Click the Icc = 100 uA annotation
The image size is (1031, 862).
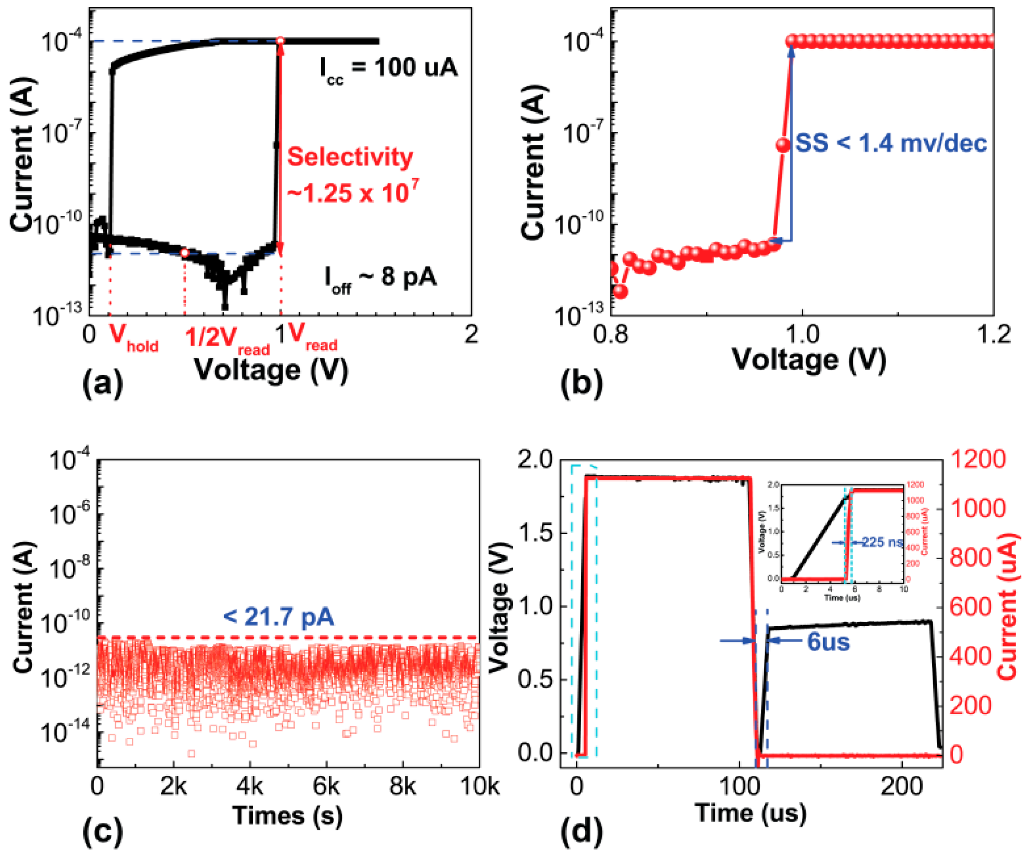tap(388, 68)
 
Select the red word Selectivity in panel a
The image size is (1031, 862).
tap(350, 157)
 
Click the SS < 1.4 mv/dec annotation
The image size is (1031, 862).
tap(890, 144)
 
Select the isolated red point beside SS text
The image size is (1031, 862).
tap(783, 145)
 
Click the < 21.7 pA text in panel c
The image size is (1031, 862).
tap(278, 616)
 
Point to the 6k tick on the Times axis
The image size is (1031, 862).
tap(326, 786)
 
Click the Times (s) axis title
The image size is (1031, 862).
tap(287, 815)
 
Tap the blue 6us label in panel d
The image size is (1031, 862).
tap(828, 642)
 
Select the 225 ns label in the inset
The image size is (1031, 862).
tap(882, 542)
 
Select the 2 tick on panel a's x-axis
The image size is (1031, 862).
tap(471, 334)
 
